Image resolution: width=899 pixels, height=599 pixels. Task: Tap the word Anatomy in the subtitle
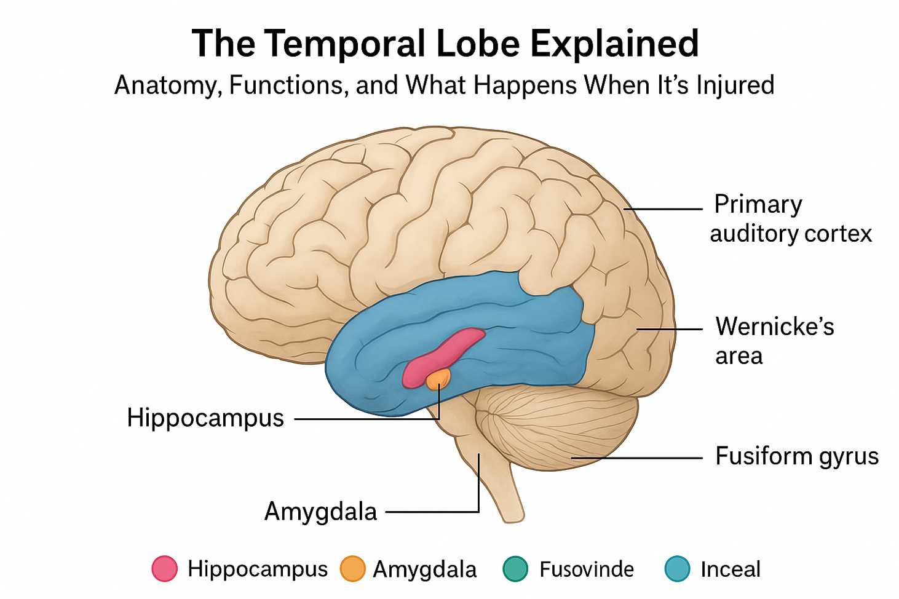pyautogui.click(x=165, y=85)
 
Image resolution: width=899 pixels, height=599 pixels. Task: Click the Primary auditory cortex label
pyautogui.click(x=790, y=218)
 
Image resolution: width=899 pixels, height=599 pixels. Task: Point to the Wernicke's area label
pyautogui.click(x=774, y=341)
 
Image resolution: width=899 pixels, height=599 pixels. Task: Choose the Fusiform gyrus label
pyautogui.click(x=796, y=456)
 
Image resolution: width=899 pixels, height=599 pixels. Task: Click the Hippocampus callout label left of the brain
pyautogui.click(x=205, y=418)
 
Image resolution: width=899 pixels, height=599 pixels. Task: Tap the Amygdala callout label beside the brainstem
pyautogui.click(x=320, y=511)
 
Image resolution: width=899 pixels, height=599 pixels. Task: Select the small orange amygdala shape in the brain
pyautogui.click(x=438, y=377)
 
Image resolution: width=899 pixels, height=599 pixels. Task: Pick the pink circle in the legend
pyautogui.click(x=165, y=569)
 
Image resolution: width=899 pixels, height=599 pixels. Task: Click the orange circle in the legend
pyautogui.click(x=353, y=569)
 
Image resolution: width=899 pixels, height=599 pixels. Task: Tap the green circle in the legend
pyautogui.click(x=515, y=569)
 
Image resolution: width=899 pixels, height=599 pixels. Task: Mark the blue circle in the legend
pyautogui.click(x=678, y=569)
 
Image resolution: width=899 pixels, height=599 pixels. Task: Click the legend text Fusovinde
pyautogui.click(x=586, y=569)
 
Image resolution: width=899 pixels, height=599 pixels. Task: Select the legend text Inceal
pyautogui.click(x=730, y=569)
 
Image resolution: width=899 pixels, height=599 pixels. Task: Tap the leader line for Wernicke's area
pyautogui.click(x=670, y=329)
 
